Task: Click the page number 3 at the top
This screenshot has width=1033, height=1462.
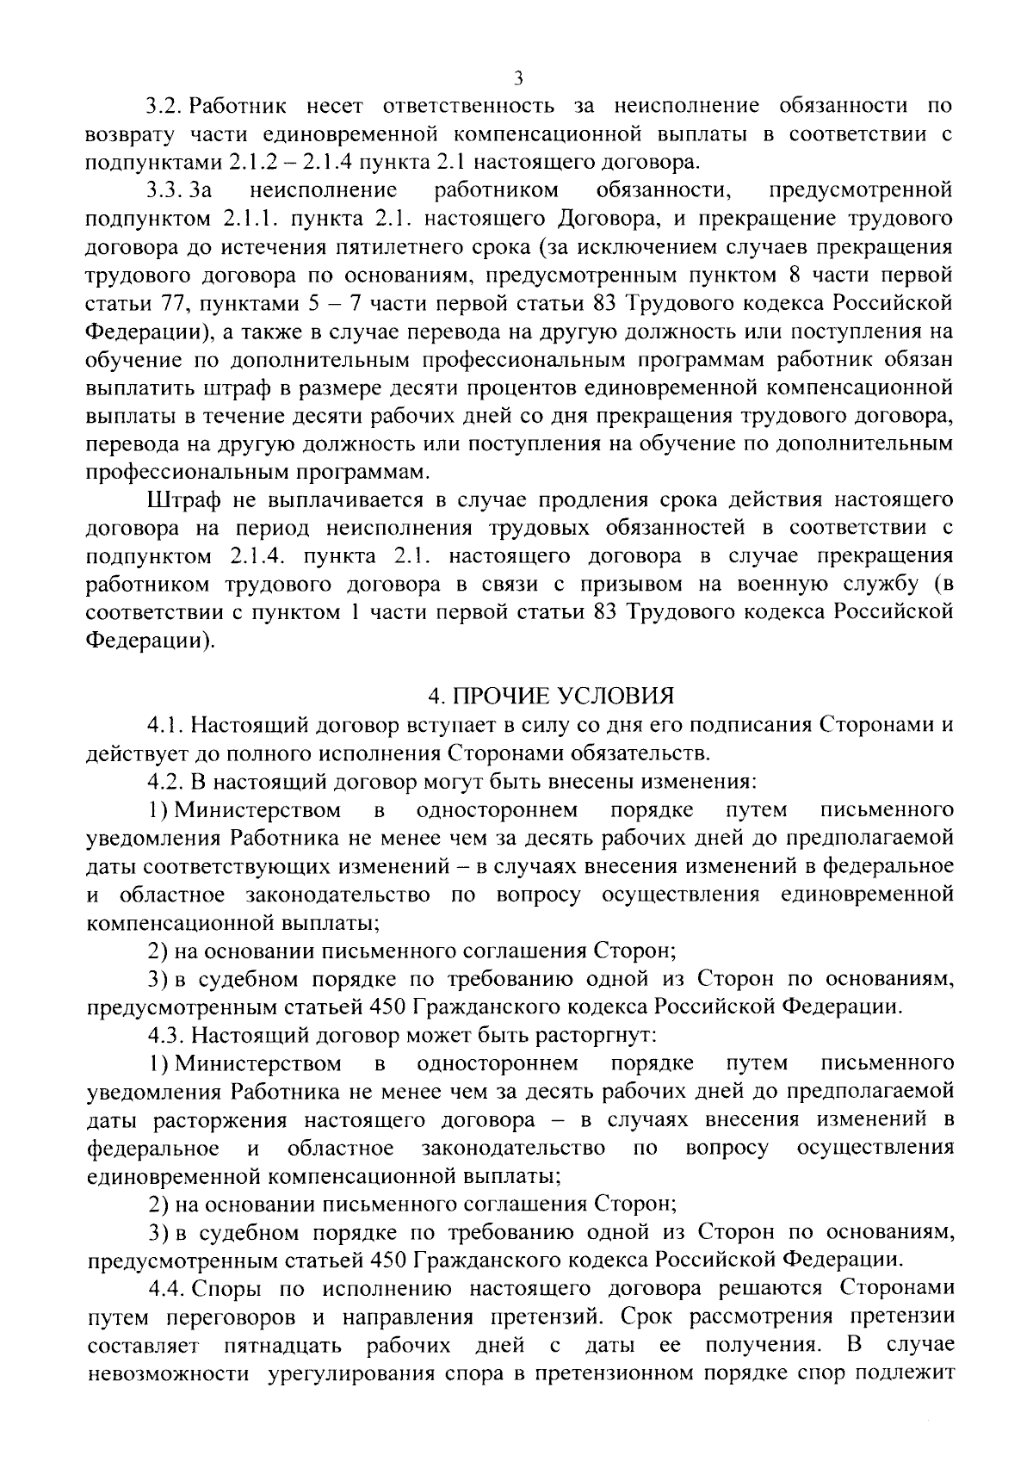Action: click(x=517, y=78)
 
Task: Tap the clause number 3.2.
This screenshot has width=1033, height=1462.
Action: click(x=163, y=107)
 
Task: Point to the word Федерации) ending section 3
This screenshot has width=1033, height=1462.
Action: click(x=151, y=641)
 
